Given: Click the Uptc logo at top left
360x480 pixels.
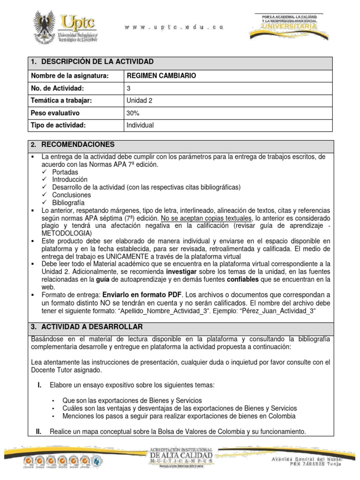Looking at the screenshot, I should coord(64,27).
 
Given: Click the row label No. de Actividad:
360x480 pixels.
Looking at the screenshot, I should coord(57,88).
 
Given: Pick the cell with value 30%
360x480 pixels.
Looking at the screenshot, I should coord(133,113).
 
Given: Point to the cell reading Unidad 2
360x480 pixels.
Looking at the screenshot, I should coord(139,100).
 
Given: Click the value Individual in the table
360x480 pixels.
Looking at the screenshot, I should coord(140,125).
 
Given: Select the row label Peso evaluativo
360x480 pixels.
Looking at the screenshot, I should coord(55,113).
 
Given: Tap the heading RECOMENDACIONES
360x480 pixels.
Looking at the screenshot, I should coord(78,144).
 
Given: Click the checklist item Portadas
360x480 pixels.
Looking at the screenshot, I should coord(66,172).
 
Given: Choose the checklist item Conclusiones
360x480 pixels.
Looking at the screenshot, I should coord(72,195).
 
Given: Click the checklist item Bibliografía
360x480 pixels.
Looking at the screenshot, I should coord(68,202).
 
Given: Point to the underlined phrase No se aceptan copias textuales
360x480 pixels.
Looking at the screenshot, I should coord(207,218).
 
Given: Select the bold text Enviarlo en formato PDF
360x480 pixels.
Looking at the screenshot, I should coord(135,294).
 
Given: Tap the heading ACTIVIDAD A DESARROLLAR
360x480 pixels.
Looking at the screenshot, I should coord(92,326).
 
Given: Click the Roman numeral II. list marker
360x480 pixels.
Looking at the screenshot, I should coord(39,431).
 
